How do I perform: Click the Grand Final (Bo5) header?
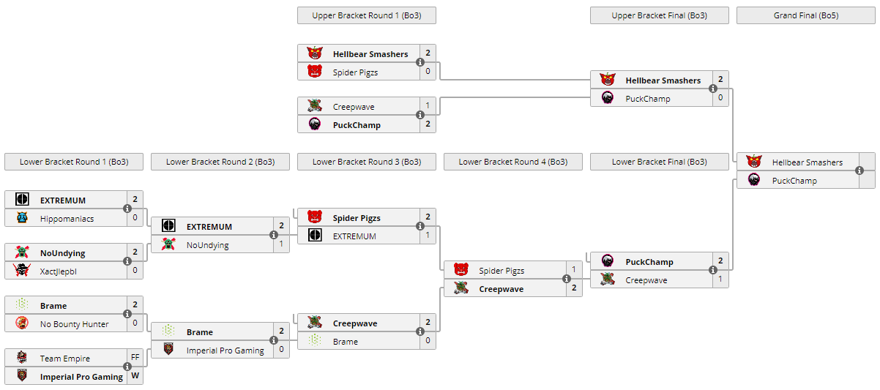point(805,15)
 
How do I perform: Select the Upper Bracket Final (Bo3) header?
point(659,15)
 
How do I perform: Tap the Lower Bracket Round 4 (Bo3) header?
point(512,162)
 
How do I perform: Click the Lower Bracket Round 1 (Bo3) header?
point(73,162)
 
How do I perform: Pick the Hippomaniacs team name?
point(67,219)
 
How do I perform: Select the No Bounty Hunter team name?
point(74,324)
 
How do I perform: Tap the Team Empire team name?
point(65,359)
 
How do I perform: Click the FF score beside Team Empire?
point(135,358)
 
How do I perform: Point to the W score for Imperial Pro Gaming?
point(135,376)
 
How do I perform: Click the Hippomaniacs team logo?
point(22,218)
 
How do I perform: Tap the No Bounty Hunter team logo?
point(22,323)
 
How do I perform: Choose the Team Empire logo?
point(22,358)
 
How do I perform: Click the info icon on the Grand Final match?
point(860,170)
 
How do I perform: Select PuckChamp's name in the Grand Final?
point(794,181)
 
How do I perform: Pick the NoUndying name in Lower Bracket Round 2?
point(207,245)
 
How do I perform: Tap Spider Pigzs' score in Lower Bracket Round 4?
point(574,270)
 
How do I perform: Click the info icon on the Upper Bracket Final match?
point(713,89)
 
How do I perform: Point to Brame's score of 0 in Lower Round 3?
point(428,341)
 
